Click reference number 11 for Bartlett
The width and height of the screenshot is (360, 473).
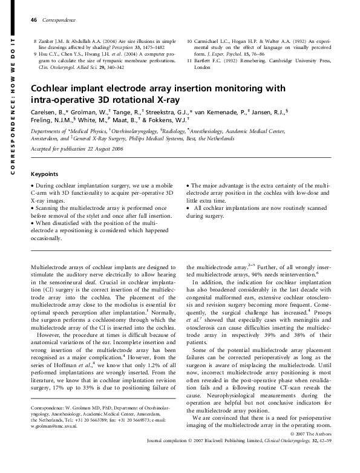point(190,62)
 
